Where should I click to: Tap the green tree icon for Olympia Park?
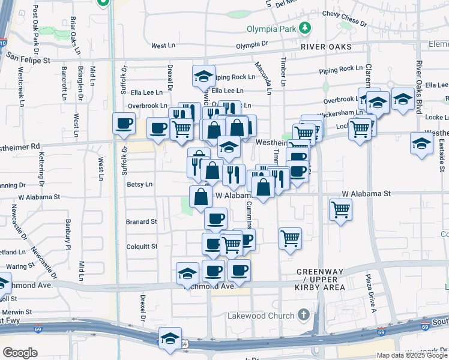tap(305, 28)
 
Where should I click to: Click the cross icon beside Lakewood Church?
tap(304, 314)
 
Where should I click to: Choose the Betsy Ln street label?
tap(140, 185)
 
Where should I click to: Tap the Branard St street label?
tap(141, 222)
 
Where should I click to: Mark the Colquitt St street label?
tap(142, 247)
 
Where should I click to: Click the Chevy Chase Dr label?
tap(344, 17)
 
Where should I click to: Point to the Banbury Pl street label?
tap(68, 235)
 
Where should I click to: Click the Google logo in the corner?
tap(20, 353)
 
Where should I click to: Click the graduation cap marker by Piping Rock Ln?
tap(203, 76)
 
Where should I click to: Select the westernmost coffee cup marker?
tap(124, 124)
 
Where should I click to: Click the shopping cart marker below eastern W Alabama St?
tap(340, 211)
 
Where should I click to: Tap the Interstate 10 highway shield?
tap(2, 43)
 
